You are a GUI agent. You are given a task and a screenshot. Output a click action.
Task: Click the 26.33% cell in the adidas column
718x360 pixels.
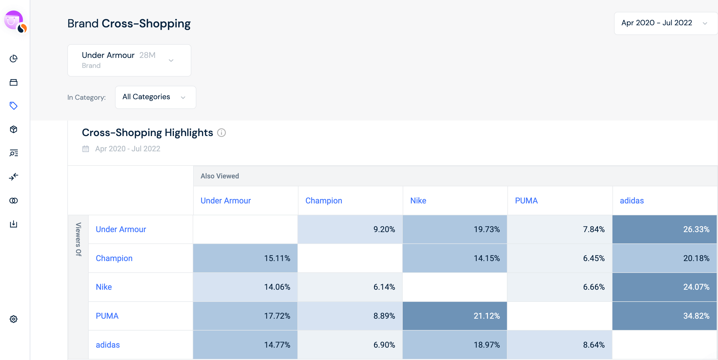(x=665, y=229)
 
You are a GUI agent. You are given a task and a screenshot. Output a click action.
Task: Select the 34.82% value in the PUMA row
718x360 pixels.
(x=665, y=316)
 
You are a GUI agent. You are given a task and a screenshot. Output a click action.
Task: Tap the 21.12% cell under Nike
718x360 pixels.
(x=455, y=316)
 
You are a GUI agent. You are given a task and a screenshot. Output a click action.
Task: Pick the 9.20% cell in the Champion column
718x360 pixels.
(x=350, y=229)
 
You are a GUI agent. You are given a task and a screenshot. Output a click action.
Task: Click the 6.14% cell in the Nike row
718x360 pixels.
(x=350, y=287)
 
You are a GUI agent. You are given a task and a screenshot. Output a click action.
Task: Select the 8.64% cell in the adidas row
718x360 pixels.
(x=560, y=345)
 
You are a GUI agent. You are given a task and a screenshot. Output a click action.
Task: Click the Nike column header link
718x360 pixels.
(x=418, y=201)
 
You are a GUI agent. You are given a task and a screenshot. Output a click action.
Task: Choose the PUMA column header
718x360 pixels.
(x=526, y=201)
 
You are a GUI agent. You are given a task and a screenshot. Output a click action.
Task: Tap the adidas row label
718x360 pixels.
(x=108, y=345)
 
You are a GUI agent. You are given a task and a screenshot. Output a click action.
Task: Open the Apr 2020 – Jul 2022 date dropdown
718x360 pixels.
(x=665, y=23)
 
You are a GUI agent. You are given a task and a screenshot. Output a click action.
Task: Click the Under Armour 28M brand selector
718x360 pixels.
(x=129, y=60)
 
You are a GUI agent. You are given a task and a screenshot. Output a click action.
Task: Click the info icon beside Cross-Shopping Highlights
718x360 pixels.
(x=221, y=133)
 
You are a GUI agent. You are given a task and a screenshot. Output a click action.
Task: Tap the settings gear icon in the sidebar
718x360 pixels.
(x=13, y=319)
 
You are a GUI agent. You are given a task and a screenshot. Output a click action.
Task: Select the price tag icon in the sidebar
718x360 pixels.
(x=13, y=106)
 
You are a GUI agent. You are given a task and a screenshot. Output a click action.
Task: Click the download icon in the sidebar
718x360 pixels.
(x=13, y=224)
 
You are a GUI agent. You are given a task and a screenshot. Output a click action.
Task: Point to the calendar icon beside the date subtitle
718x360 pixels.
(x=86, y=149)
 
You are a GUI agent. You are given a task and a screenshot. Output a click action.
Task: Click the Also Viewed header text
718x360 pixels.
(x=220, y=176)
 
